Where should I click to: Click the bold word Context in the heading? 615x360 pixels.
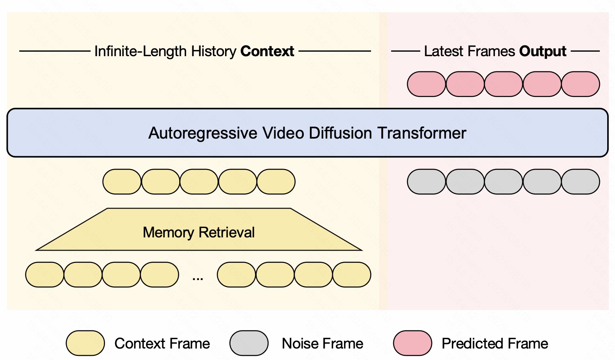[x=267, y=51]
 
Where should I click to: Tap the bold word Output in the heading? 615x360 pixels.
[x=542, y=51]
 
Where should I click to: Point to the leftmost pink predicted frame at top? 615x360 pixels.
[x=426, y=84]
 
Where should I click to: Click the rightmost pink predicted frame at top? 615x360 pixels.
[x=581, y=84]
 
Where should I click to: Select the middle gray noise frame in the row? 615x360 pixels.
[x=503, y=182]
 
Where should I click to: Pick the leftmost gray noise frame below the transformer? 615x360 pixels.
[x=426, y=182]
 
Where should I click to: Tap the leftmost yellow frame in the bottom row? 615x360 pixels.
[x=45, y=275]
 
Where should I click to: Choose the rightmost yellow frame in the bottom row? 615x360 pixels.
[x=352, y=275]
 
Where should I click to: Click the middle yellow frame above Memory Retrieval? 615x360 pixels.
[x=199, y=182]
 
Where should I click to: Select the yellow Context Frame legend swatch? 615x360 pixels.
[x=85, y=343]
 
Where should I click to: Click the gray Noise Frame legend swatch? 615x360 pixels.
[x=249, y=343]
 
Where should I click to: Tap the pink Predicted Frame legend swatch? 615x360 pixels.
[x=412, y=343]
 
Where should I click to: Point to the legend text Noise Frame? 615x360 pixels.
[x=322, y=344]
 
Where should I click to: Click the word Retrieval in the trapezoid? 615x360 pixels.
[x=227, y=232]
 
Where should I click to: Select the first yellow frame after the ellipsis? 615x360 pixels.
[x=237, y=275]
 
